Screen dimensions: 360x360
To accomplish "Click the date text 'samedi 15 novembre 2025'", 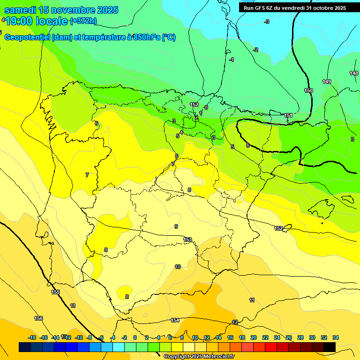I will (61, 10).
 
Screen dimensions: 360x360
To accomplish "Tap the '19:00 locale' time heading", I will (37, 21).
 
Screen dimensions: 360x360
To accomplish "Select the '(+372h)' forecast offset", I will (83, 21).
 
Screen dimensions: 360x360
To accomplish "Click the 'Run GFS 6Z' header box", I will (293, 7).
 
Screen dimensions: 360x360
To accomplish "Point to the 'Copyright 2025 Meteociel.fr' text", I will (200, 357).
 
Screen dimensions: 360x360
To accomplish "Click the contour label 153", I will (187, 240).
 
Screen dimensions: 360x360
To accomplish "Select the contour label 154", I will (175, 320).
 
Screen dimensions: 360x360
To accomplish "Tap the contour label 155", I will (55, 292).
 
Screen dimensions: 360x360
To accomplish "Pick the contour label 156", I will (38, 318).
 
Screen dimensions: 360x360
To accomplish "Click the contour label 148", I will (354, 73).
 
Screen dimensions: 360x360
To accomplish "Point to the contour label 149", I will (327, 82).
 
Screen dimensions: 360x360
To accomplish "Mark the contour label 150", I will (308, 90).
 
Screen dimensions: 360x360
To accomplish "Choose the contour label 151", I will (289, 115).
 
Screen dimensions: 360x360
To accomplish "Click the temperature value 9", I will (176, 226).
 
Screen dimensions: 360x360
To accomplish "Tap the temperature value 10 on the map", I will (178, 267).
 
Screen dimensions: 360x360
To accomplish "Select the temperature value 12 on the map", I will (235, 322).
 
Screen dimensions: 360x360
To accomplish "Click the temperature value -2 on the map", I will (255, 50).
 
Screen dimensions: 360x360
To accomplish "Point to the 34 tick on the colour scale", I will (336, 337).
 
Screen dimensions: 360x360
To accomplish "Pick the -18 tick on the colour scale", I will (32, 337).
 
